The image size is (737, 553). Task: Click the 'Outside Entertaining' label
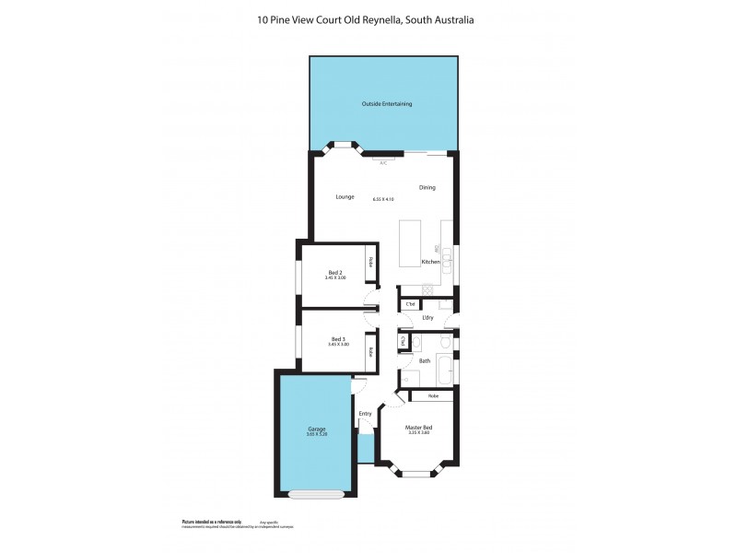coord(386,104)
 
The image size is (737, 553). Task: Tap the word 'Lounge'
coord(345,196)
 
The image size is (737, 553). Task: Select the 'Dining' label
coord(427,188)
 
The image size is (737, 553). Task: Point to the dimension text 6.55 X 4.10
coord(383,199)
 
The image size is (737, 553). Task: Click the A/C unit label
coord(383,162)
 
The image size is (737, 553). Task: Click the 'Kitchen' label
coord(430,263)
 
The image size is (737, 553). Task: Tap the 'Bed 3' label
coord(339,339)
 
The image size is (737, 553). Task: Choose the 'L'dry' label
coord(427,318)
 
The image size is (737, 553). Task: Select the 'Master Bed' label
coord(419,427)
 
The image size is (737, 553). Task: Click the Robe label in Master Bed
coord(433,395)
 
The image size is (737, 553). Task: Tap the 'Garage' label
coord(316,429)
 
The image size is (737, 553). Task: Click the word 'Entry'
coord(365,413)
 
